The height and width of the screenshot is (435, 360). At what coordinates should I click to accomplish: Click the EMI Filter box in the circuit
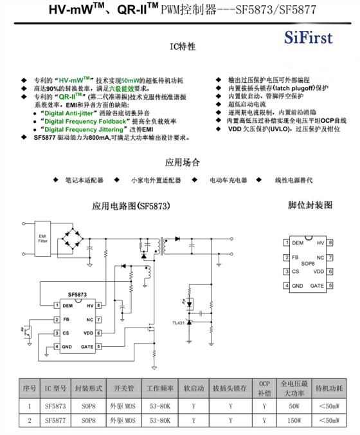click(43, 239)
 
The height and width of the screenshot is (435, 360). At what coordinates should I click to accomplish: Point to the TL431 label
click(178, 322)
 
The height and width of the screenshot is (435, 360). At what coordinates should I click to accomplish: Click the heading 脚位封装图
click(310, 205)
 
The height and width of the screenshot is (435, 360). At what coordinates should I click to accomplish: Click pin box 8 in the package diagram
click(330, 243)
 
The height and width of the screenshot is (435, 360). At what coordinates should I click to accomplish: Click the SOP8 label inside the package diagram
click(307, 264)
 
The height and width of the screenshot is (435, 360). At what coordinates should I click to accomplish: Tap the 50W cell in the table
click(294, 406)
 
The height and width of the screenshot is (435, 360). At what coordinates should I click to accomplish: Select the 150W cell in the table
click(294, 421)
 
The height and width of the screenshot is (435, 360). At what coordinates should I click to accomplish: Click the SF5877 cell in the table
click(56, 421)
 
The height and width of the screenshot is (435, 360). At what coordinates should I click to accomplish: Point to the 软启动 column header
click(194, 389)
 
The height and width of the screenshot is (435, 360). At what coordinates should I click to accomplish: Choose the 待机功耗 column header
click(330, 389)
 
